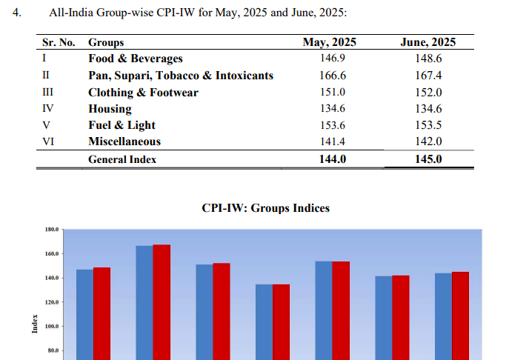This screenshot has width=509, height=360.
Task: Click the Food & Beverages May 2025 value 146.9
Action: [x=330, y=59]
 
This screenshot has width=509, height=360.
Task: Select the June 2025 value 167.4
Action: [x=428, y=76]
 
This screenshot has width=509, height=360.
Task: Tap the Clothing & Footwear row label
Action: [x=133, y=93]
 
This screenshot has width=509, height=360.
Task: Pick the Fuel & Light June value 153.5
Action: [x=428, y=125]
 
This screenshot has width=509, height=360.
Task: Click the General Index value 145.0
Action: [x=428, y=159]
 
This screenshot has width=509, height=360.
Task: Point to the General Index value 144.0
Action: [x=330, y=159]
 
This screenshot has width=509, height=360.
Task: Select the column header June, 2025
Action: [x=428, y=42]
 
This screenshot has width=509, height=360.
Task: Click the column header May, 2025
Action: [x=330, y=42]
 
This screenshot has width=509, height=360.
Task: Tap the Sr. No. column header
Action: [x=59, y=43]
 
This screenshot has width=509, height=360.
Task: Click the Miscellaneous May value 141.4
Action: [x=330, y=141]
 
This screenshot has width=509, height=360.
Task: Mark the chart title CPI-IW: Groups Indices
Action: [x=265, y=208]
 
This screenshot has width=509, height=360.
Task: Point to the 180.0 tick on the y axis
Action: [x=50, y=230]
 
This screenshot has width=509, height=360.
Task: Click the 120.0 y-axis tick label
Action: [x=50, y=302]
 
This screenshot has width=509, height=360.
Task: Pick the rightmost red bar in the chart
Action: [x=460, y=316]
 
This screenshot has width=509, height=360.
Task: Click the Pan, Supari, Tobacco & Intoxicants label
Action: [x=181, y=76]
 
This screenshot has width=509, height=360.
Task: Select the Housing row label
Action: [x=110, y=109]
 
